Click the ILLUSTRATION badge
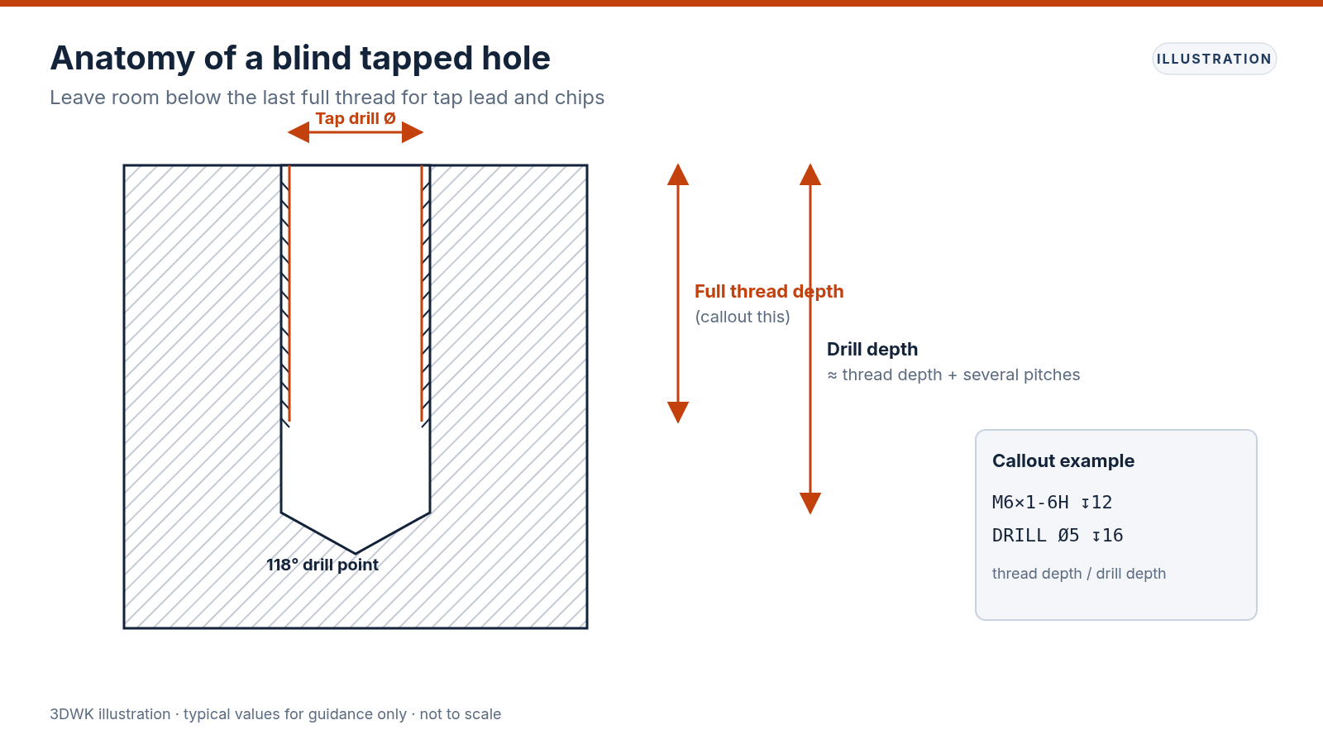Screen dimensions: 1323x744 (x=1214, y=59)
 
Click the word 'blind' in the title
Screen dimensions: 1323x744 (x=311, y=58)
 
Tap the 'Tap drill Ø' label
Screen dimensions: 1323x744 (x=356, y=119)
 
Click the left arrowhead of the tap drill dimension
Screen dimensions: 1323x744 (x=299, y=132)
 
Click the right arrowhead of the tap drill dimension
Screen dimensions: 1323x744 (x=413, y=132)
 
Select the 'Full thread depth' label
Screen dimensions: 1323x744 (x=769, y=292)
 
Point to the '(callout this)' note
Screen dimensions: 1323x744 (x=743, y=317)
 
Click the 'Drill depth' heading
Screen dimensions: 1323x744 (x=872, y=350)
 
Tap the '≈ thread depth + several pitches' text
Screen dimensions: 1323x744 (x=953, y=375)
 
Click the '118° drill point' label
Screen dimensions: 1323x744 (x=322, y=565)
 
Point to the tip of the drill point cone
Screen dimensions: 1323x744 (x=356, y=554)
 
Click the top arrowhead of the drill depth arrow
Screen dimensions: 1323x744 (x=810, y=174)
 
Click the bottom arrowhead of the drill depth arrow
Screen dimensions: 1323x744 (x=810, y=503)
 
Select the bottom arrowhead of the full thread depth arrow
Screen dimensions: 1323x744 (x=678, y=413)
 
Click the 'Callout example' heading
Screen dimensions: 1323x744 (x=1063, y=461)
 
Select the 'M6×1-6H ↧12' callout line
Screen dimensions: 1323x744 (x=1053, y=503)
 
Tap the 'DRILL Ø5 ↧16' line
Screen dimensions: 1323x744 (x=1058, y=536)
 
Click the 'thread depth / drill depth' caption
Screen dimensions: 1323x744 (x=1079, y=574)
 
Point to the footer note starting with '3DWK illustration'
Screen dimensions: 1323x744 (x=275, y=714)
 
